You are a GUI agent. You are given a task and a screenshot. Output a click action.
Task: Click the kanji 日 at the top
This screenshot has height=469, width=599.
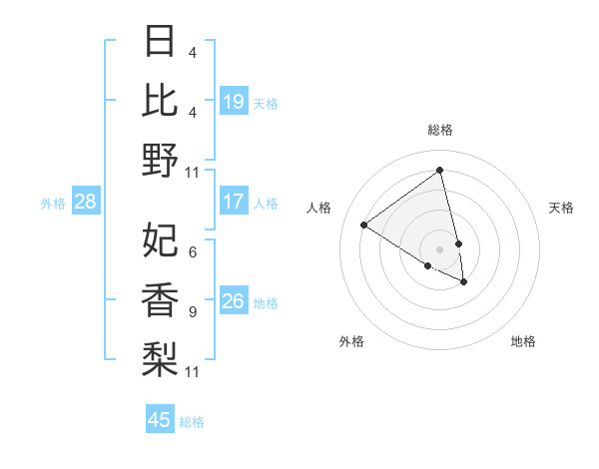(160, 42)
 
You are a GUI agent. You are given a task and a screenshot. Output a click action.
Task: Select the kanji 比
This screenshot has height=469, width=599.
(160, 100)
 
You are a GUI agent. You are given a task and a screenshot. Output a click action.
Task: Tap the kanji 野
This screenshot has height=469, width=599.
(160, 159)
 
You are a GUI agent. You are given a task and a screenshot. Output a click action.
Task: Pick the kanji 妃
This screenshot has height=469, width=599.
(160, 240)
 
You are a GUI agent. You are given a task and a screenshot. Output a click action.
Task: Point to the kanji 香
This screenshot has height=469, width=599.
(160, 299)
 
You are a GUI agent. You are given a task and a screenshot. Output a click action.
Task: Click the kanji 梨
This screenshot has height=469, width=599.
(160, 358)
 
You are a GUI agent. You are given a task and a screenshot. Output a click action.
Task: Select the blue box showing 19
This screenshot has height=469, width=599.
(234, 102)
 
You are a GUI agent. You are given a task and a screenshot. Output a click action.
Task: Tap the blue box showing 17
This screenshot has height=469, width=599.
(234, 202)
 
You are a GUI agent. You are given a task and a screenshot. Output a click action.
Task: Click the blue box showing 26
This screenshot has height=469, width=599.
(234, 301)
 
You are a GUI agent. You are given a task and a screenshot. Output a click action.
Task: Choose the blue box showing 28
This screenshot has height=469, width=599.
(85, 202)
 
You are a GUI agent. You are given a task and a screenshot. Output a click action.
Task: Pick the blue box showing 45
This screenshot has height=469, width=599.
(160, 420)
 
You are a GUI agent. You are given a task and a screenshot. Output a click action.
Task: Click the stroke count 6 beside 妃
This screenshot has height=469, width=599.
(192, 251)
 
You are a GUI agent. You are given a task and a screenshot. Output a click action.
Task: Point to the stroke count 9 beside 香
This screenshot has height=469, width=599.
(192, 311)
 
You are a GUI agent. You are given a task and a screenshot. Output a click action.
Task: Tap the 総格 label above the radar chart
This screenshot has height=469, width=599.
(440, 130)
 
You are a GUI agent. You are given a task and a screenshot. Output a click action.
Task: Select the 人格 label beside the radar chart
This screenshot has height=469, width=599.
(319, 208)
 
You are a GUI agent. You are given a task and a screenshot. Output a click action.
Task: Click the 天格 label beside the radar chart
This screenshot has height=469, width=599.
(561, 208)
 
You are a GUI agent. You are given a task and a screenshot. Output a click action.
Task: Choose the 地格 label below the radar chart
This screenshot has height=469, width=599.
(523, 341)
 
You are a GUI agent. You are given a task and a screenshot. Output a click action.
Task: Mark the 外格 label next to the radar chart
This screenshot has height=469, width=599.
(351, 341)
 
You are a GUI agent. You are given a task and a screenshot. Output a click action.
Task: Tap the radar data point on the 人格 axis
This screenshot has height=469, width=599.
(364, 225)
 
